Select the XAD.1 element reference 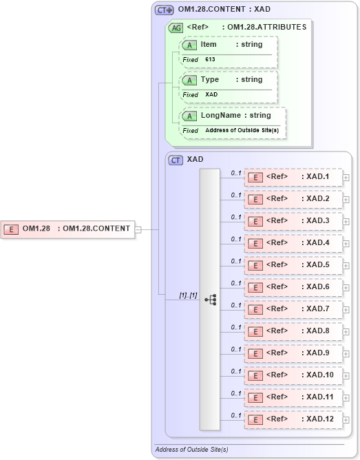tap(293, 177)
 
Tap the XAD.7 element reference tap(293, 309)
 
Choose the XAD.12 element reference tap(293, 419)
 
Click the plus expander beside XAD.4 tap(346, 244)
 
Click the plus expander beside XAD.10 tap(346, 376)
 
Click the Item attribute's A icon tap(189, 45)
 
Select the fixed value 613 tap(210, 60)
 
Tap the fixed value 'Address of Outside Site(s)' tap(242, 130)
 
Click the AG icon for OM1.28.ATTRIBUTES tap(176, 28)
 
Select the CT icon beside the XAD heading tap(176, 160)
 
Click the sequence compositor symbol tap(211, 300)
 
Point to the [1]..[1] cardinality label tap(188, 295)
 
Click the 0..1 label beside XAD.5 tap(236, 261)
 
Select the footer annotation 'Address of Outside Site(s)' tap(191, 450)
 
